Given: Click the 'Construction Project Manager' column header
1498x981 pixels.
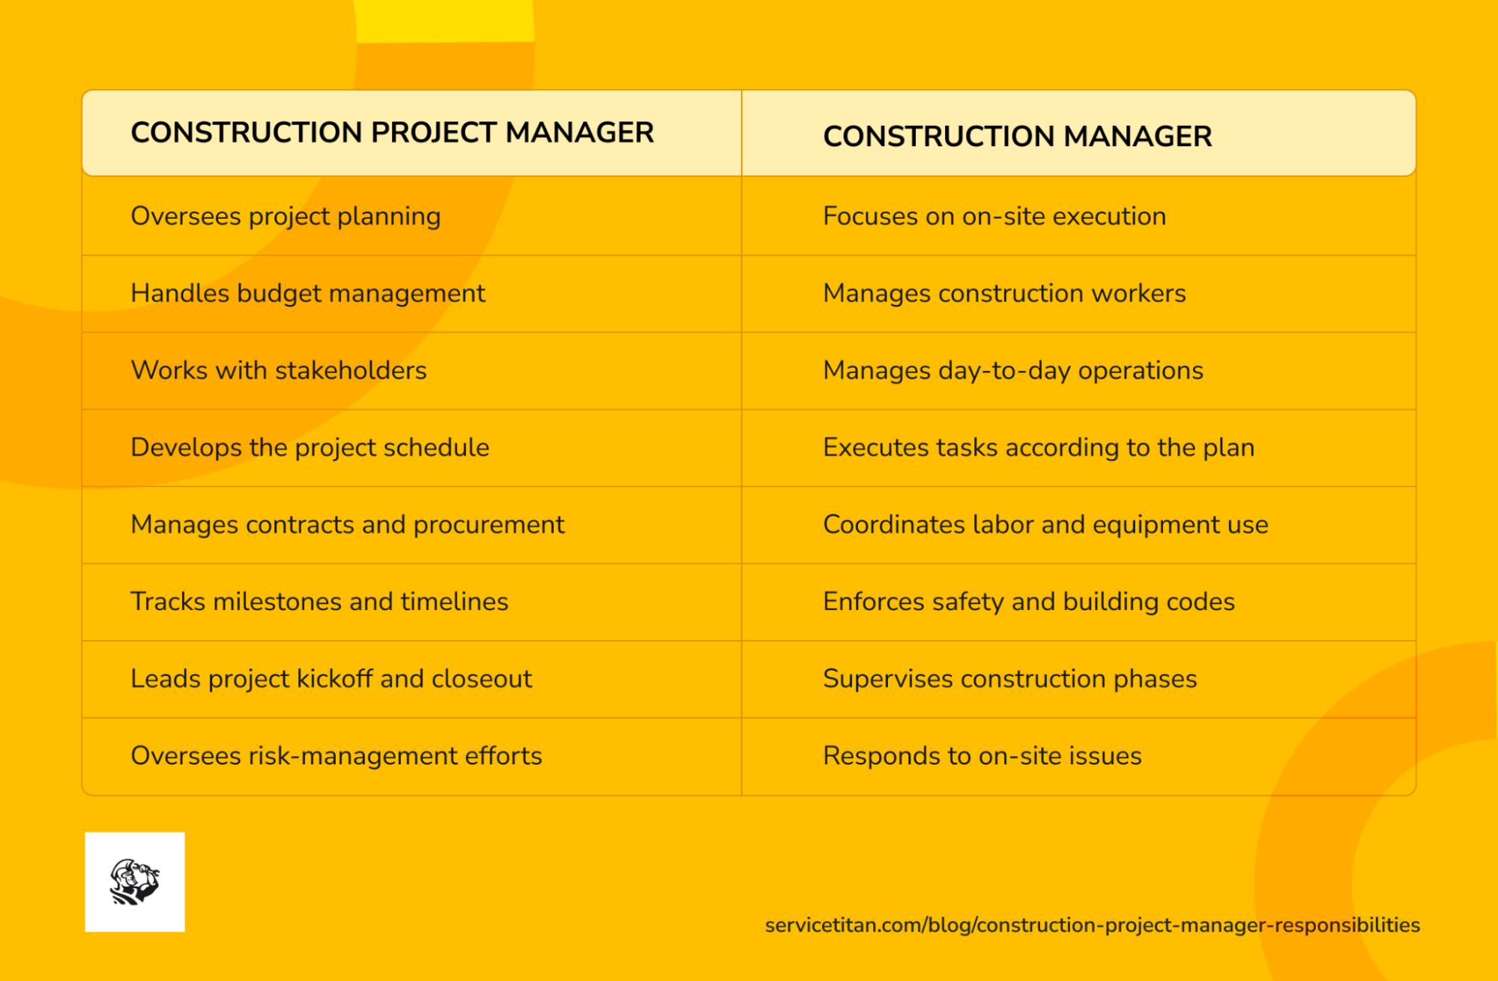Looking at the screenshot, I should pyautogui.click(x=392, y=133).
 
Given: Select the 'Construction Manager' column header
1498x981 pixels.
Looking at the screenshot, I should pyautogui.click(x=1017, y=136).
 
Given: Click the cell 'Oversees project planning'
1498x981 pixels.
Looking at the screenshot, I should pyautogui.click(x=286, y=217).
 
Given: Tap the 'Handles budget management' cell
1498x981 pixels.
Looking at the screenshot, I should pyautogui.click(x=307, y=294).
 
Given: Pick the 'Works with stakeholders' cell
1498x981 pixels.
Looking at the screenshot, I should pyautogui.click(x=279, y=371).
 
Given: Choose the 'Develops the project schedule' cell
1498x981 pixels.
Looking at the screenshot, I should pyautogui.click(x=309, y=447).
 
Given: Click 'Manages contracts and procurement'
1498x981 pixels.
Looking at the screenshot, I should pyautogui.click(x=347, y=525).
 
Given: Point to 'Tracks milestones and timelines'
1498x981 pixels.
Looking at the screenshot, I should pyautogui.click(x=319, y=602).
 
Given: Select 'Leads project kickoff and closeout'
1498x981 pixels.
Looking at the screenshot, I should pyautogui.click(x=331, y=679).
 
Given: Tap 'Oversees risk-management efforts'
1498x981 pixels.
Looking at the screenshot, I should pyautogui.click(x=336, y=756).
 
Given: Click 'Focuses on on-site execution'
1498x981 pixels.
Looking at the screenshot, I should pyautogui.click(x=994, y=217).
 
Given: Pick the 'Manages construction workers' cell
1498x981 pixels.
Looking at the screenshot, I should pyautogui.click(x=1004, y=294).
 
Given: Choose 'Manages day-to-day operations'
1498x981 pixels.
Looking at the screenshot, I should pyautogui.click(x=1013, y=371).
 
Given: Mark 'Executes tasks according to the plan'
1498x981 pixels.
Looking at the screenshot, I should pyautogui.click(x=1039, y=447).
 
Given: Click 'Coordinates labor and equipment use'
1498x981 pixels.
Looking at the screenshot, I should pyautogui.click(x=1045, y=525).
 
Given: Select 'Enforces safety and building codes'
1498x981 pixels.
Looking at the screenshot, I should pyautogui.click(x=1029, y=602).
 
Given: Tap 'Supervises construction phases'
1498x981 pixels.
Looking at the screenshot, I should pyautogui.click(x=1009, y=679).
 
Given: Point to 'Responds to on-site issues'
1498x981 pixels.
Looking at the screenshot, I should pyautogui.click(x=982, y=756).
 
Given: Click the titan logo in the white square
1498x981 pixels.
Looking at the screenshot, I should pyautogui.click(x=135, y=882).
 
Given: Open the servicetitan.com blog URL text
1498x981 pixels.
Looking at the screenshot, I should pyautogui.click(x=1092, y=926).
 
